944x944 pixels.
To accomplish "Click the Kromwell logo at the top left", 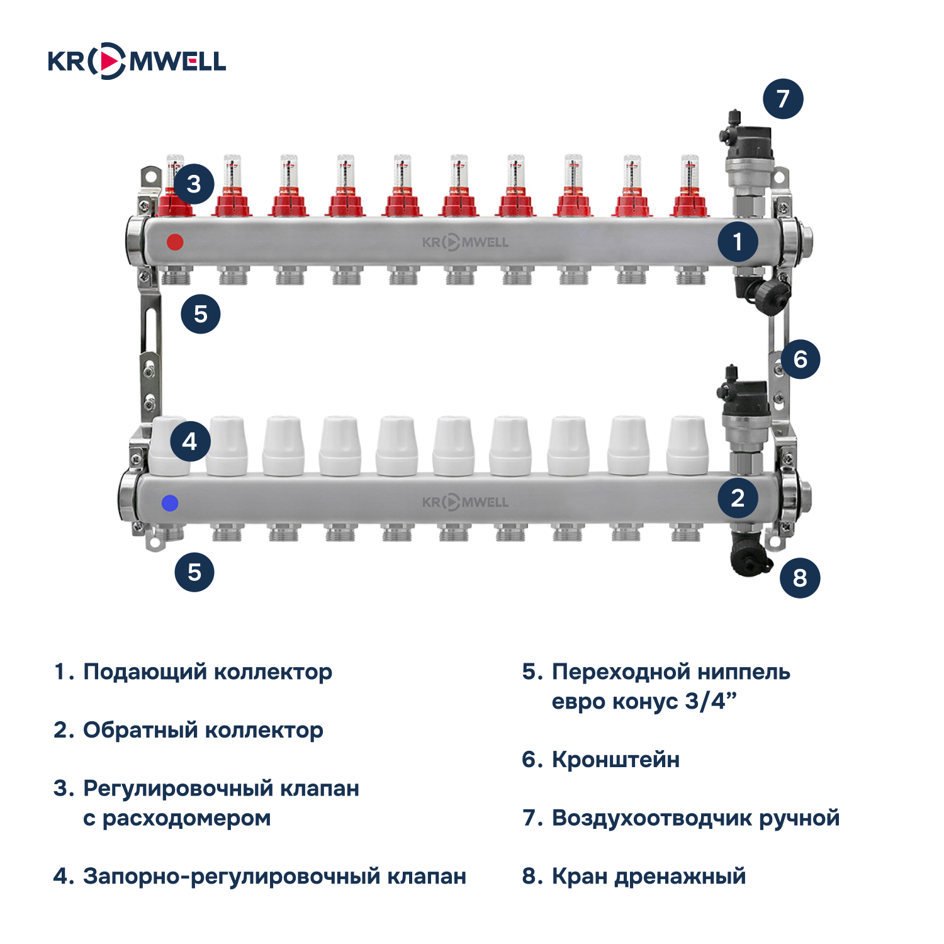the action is tap(137, 61).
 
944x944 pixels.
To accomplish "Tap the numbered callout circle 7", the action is tap(783, 99).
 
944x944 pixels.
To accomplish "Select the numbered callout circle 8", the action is tap(799, 577).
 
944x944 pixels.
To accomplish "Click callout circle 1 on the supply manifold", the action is tap(738, 242).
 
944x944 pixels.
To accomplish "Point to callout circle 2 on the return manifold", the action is tap(738, 498).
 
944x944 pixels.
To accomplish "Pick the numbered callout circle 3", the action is tap(194, 184).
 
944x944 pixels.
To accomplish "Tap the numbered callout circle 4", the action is tap(189, 441).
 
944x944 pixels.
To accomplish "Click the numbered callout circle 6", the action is tap(800, 359).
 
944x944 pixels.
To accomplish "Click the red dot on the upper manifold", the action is tap(175, 242).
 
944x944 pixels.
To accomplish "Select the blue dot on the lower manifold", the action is tap(170, 503).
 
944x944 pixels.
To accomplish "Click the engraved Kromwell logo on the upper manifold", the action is tap(465, 242).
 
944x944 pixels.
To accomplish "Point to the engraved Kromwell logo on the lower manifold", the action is tap(465, 502).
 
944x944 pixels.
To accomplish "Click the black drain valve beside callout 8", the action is tap(749, 554).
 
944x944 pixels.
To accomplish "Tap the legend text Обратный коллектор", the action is tap(203, 730).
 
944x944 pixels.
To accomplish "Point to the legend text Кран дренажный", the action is tap(648, 876).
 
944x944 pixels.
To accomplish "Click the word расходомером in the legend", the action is tap(186, 818).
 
